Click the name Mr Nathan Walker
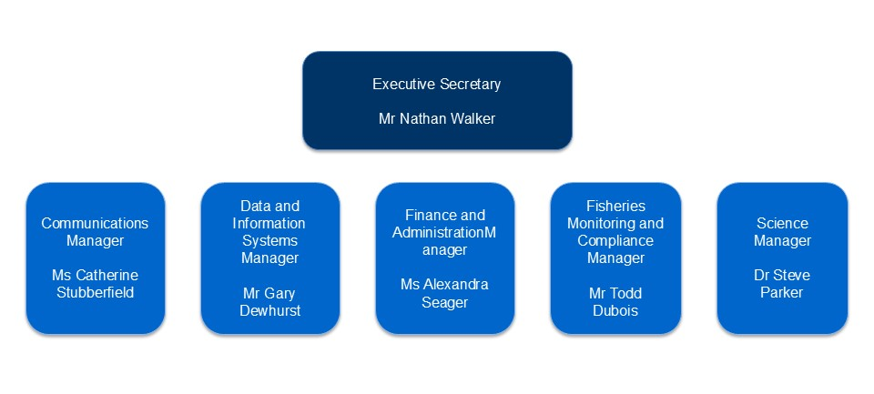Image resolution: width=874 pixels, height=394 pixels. point(437,118)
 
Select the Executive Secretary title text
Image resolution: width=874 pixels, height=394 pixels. point(437,84)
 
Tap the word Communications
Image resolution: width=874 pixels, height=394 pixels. point(95,224)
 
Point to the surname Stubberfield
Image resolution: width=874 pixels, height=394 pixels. point(95,293)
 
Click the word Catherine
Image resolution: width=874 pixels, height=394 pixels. point(107,276)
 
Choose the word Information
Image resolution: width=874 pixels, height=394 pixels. point(269,224)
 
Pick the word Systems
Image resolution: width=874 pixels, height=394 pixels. point(269,241)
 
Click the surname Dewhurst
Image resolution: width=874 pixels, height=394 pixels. point(269,310)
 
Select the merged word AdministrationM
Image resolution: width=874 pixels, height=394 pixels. point(443,232)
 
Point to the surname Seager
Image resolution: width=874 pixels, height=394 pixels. point(444,303)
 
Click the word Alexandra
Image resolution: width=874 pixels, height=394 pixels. point(456,284)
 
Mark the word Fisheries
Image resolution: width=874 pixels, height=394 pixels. point(616,207)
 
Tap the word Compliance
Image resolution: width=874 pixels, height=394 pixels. point(615,241)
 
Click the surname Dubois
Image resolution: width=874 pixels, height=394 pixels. point(615,310)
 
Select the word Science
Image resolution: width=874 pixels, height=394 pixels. point(782,224)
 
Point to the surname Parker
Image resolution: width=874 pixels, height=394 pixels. point(782,293)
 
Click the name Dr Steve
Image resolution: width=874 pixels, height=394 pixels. point(782,276)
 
